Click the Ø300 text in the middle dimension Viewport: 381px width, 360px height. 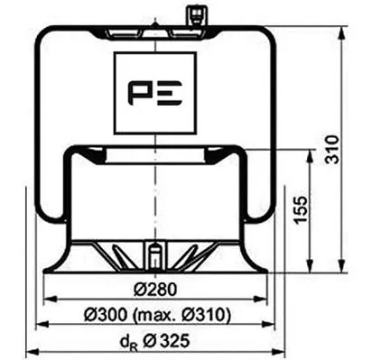click(108, 315)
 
